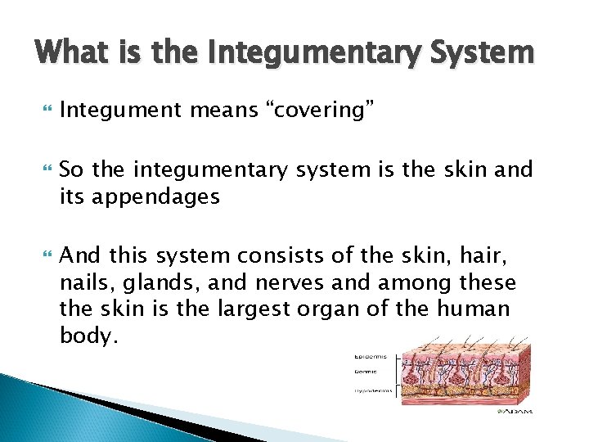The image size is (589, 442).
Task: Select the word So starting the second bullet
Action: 72,170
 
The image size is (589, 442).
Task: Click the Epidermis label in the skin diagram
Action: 371,356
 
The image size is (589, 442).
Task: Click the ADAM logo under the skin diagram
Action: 515,411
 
